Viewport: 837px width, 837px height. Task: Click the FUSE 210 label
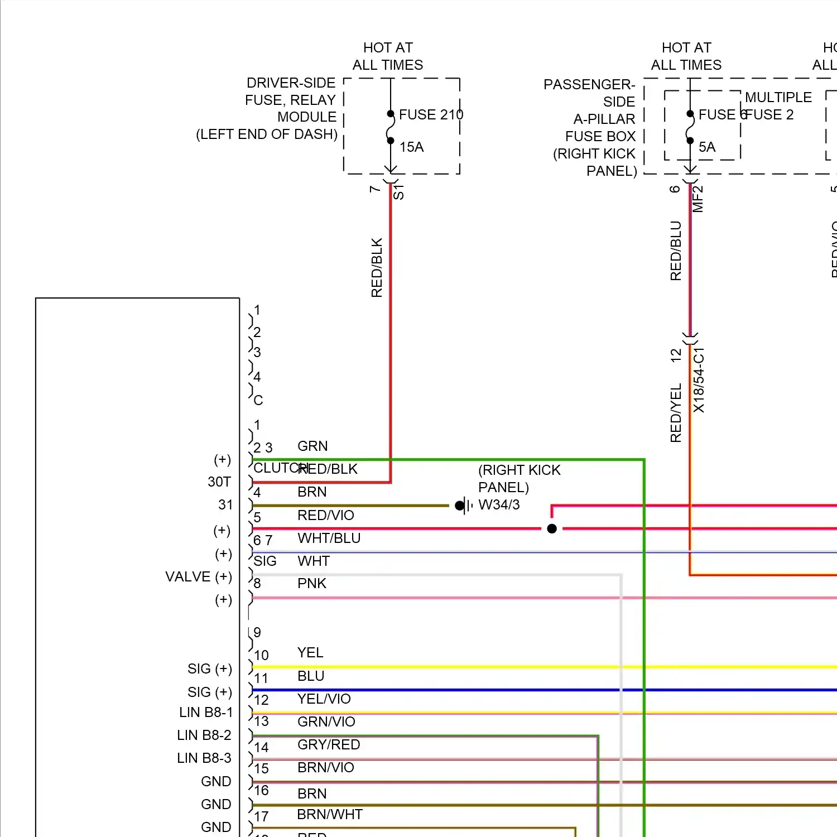(431, 114)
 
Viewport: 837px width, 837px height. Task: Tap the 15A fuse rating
(411, 147)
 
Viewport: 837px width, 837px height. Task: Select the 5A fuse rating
(706, 147)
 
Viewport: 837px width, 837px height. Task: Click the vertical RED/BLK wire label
(377, 267)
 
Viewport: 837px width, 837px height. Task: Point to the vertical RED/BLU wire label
(676, 251)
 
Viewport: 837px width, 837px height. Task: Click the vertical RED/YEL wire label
(676, 412)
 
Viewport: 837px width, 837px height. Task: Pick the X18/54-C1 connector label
(699, 380)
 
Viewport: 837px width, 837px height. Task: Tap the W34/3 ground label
(499, 504)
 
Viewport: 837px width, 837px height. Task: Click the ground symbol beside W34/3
(463, 506)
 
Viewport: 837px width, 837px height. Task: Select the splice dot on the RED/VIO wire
(552, 528)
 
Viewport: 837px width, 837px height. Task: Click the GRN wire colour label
(312, 446)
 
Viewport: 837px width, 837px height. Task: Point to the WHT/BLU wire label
(329, 538)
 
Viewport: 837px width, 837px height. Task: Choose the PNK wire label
(311, 583)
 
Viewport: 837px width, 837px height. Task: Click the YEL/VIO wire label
(324, 699)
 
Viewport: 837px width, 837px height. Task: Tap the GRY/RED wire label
(329, 744)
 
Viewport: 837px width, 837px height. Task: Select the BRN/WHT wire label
(329, 814)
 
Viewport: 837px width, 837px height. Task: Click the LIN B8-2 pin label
(204, 735)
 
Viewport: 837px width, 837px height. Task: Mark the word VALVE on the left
(187, 576)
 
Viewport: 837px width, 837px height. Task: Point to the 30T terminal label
(219, 482)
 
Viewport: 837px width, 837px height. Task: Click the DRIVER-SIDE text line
(291, 83)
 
